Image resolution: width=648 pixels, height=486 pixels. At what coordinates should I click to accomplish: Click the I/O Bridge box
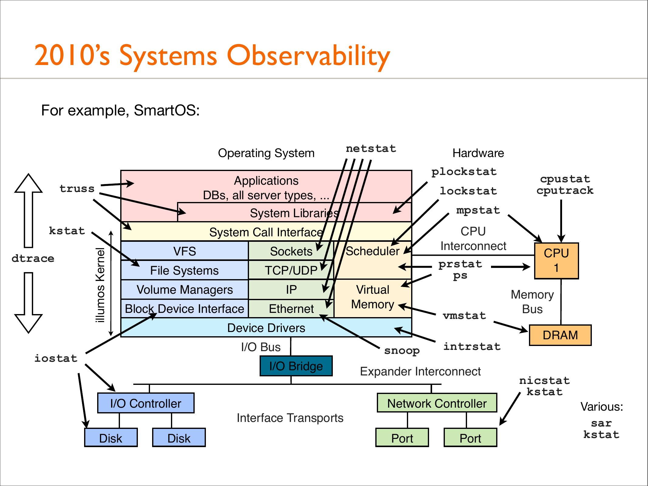click(x=296, y=366)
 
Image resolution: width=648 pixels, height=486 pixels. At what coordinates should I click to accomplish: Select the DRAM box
click(x=560, y=335)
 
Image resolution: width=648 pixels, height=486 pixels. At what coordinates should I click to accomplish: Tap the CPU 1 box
click(x=556, y=261)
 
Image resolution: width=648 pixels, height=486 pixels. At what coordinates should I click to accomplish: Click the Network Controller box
click(x=437, y=403)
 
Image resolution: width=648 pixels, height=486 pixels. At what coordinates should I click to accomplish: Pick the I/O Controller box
click(x=146, y=403)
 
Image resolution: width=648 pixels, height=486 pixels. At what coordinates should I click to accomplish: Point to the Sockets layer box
click(x=291, y=251)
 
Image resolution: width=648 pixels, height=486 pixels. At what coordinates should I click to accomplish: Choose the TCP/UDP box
click(x=291, y=270)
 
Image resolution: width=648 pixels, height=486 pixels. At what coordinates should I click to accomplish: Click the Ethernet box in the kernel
click(x=291, y=309)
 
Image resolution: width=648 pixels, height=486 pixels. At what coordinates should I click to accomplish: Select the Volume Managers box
click(x=185, y=289)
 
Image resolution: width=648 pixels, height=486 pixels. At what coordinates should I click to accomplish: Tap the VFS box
click(x=185, y=251)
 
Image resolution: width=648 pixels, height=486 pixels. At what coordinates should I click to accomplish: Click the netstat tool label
click(x=371, y=149)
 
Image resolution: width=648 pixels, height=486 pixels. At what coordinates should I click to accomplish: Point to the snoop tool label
click(x=402, y=351)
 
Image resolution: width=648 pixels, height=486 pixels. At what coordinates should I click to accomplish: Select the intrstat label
click(x=472, y=346)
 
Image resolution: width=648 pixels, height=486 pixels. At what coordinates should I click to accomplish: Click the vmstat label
click(x=464, y=316)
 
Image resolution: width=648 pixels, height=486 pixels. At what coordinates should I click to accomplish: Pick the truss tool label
click(x=77, y=189)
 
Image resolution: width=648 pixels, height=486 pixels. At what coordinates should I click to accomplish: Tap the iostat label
click(x=56, y=358)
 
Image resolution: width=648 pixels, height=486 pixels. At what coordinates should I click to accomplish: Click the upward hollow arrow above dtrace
click(x=29, y=210)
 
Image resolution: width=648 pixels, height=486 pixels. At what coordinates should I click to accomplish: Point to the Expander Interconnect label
click(x=420, y=371)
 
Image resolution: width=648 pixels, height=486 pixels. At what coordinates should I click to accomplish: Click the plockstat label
click(x=464, y=172)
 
